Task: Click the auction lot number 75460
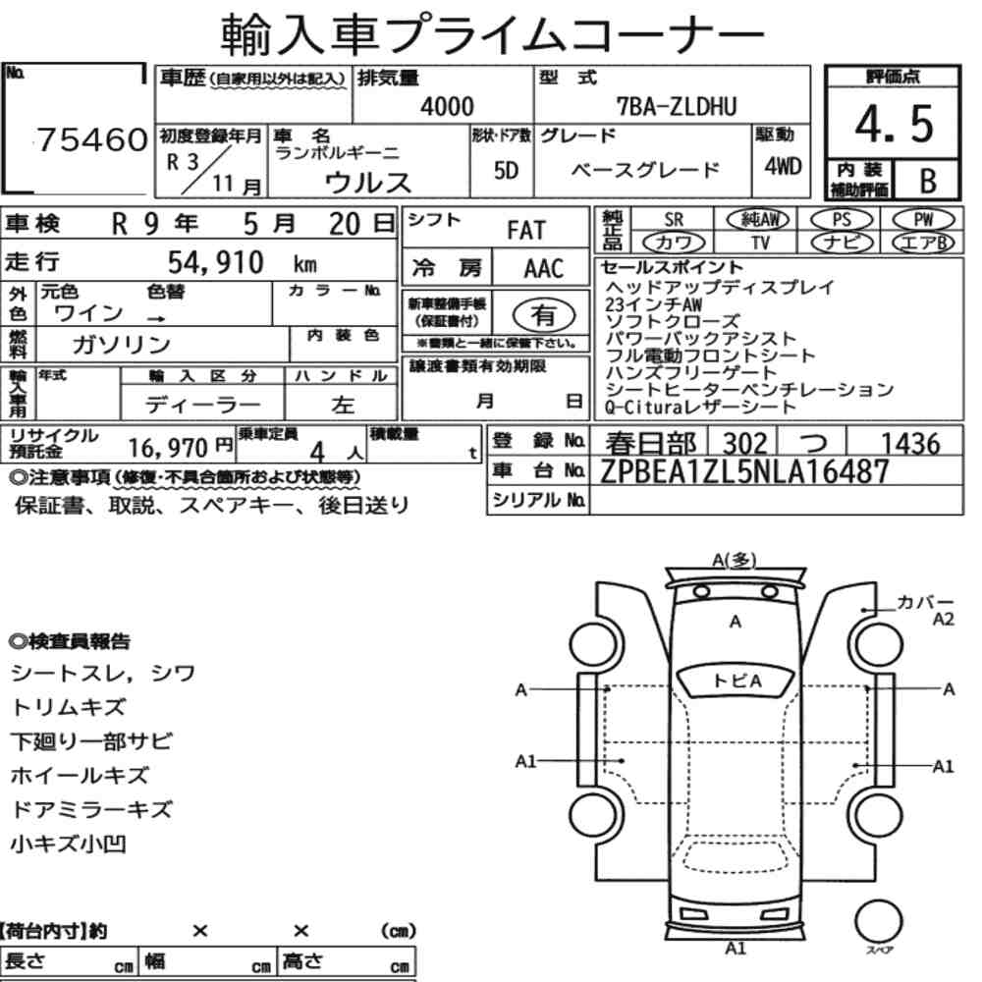point(92,139)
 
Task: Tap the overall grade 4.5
point(894,124)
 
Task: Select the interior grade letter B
point(928,181)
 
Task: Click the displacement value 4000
point(447,106)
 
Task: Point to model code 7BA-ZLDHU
point(677,107)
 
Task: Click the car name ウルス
point(368,183)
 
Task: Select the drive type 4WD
point(783,166)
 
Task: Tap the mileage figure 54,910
point(215,262)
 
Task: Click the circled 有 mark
point(544,315)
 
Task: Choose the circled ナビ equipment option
point(842,243)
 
